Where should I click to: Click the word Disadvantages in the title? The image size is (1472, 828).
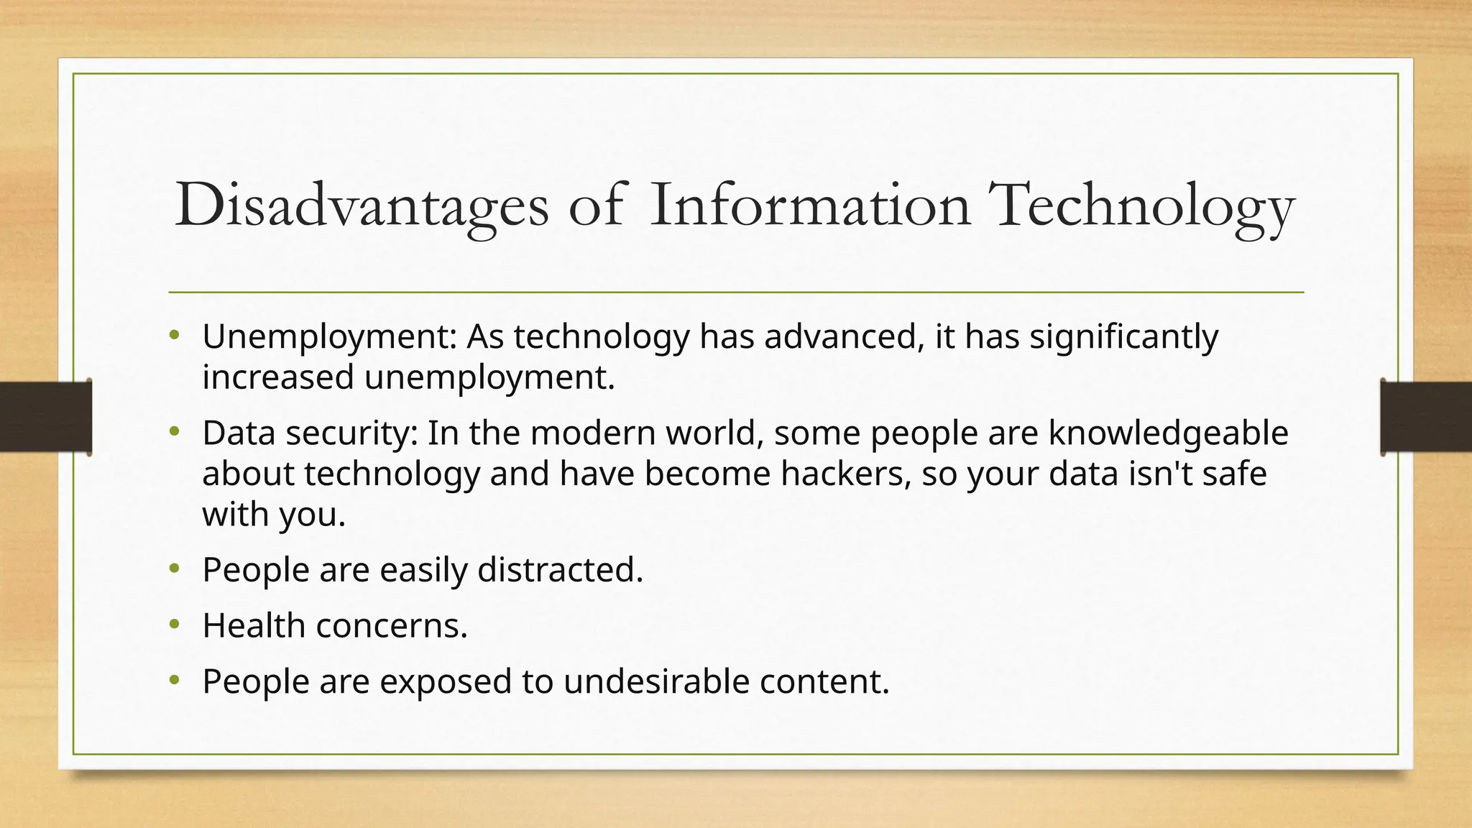[362, 206]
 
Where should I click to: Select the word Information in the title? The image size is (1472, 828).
[810, 206]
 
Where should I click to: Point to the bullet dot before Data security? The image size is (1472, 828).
[174, 431]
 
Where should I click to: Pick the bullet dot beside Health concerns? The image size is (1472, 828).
[174, 624]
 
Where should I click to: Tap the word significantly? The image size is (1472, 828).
[1124, 336]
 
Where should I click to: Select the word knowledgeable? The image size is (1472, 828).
[1168, 433]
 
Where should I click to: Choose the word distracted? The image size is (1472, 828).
[560, 570]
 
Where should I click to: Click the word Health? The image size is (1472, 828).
[254, 625]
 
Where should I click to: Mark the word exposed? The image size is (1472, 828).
[446, 681]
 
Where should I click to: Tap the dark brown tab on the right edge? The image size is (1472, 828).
[1426, 417]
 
